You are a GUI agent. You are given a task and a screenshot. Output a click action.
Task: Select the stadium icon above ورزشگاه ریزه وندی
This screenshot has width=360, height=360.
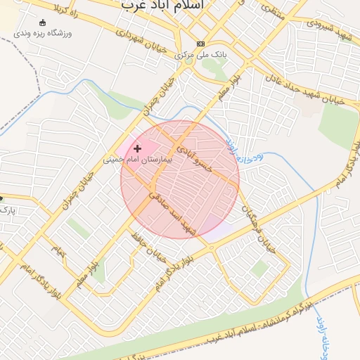tap(44, 22)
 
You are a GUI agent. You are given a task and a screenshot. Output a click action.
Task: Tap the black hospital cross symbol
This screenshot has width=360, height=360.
tap(137, 148)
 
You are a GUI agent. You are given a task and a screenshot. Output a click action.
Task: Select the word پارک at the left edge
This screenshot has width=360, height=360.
tap(6, 210)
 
